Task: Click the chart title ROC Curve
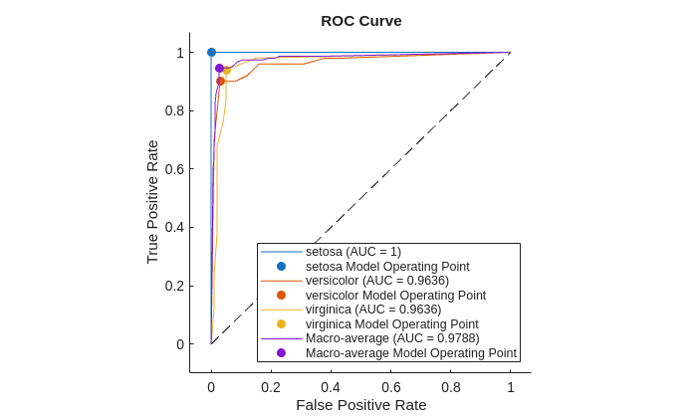click(360, 21)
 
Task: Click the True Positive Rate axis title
click(152, 202)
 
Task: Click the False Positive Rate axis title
click(360, 405)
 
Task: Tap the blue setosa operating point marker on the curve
click(211, 52)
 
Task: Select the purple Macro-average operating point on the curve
click(219, 68)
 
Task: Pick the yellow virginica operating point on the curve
click(227, 71)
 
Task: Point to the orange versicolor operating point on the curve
click(220, 81)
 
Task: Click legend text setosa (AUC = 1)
click(353, 252)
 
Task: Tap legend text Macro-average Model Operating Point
click(410, 353)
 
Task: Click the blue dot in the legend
click(281, 266)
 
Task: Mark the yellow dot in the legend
click(281, 323)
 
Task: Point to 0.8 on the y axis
click(173, 110)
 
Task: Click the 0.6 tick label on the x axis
click(391, 387)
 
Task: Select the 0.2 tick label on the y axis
click(173, 286)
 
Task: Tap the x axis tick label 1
click(511, 387)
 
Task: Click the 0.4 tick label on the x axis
click(331, 387)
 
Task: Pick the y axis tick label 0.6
click(173, 169)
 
